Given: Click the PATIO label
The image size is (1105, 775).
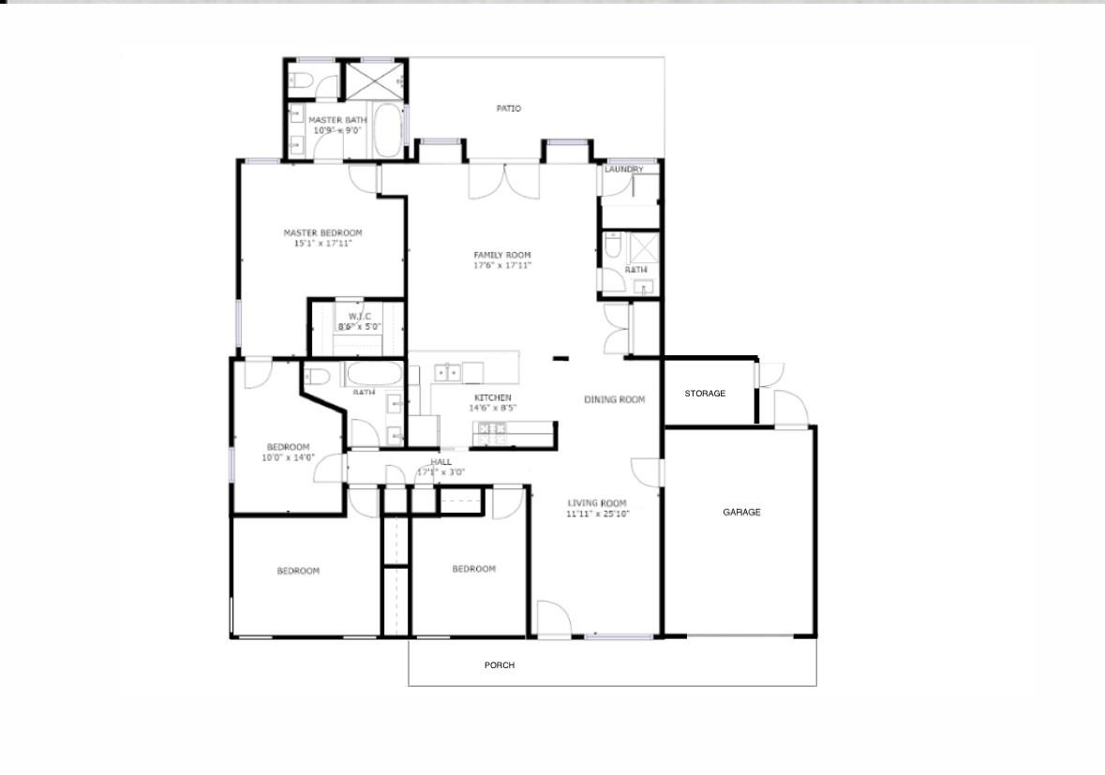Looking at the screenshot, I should click(x=508, y=109).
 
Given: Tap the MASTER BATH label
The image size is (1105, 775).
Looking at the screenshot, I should click(x=337, y=120).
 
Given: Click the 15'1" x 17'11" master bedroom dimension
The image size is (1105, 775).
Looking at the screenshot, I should click(x=322, y=244).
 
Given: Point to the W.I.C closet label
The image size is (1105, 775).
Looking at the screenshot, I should click(x=361, y=316).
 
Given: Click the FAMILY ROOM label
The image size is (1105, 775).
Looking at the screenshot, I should click(x=502, y=255).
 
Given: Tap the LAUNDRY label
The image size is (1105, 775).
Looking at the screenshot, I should click(x=623, y=170).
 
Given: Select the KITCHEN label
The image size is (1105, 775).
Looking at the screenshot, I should click(x=492, y=397).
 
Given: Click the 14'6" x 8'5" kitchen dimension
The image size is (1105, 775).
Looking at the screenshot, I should click(x=492, y=408).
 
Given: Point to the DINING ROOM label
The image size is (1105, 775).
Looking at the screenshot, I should click(x=615, y=400).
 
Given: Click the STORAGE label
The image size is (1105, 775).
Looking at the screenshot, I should click(x=705, y=394).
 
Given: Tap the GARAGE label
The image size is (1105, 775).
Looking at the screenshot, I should click(x=741, y=513).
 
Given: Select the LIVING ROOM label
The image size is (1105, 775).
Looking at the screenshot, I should click(x=597, y=503).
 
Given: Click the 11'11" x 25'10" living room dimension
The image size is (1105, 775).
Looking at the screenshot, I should click(x=597, y=514).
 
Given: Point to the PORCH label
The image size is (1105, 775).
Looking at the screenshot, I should click(x=500, y=665).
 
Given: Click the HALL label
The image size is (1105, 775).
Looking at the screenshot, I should click(x=441, y=462).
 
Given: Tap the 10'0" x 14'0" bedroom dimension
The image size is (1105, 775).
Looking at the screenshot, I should click(x=288, y=457).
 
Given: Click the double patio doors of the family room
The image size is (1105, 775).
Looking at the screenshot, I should click(x=503, y=180).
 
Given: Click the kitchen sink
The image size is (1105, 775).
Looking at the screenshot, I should click(x=448, y=373).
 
